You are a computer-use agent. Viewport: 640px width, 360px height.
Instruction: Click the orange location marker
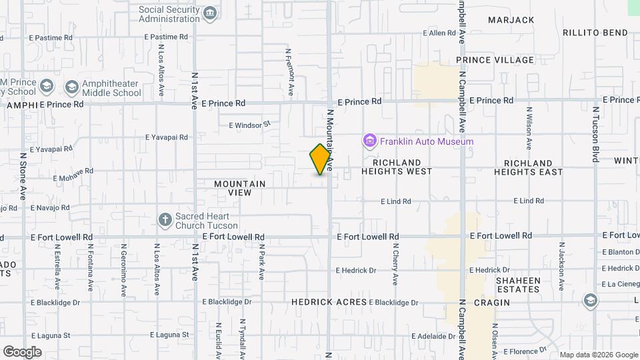coord(321,159)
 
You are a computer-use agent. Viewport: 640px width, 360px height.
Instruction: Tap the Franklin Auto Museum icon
coord(369,141)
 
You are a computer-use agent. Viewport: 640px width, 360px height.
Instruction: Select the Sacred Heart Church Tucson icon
coord(165,219)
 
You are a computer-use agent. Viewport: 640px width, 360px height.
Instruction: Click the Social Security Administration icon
coord(210,13)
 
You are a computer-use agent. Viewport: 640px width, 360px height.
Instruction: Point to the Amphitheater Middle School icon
coord(71,87)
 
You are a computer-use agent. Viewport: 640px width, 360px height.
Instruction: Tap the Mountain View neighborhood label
coord(240,188)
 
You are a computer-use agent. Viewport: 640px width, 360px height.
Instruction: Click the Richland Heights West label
coord(397,167)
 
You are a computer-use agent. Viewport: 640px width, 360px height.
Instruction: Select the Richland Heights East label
coord(528,167)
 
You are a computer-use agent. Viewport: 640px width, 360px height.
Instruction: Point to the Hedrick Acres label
coord(329,302)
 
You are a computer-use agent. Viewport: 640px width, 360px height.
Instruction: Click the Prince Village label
coord(495,60)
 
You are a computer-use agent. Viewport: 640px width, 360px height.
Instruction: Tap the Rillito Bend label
coord(595,33)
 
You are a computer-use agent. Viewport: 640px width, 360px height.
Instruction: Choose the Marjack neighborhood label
coord(511,20)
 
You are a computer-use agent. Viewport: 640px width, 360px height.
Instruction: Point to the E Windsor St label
coord(250,124)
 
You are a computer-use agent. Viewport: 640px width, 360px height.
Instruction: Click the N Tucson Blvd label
coord(595,133)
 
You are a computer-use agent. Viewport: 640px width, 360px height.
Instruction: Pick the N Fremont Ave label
coord(289,71)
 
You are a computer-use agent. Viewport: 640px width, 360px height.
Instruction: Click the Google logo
coord(22,352)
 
